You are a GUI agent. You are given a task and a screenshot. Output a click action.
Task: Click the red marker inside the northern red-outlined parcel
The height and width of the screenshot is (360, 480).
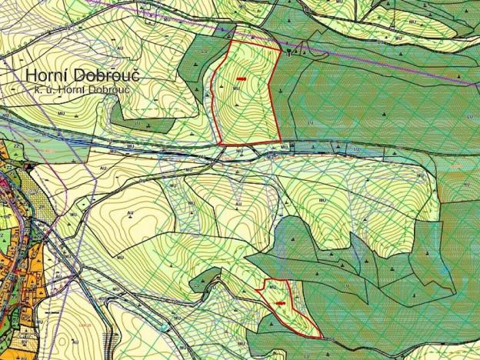(242, 78)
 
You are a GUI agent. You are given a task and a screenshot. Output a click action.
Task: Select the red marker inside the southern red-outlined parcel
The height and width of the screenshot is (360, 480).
(280, 303)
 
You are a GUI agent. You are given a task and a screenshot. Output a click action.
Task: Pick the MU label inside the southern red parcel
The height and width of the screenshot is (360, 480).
(275, 286)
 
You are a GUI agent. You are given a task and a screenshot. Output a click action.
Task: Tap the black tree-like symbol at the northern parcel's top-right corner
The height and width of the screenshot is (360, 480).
(288, 52)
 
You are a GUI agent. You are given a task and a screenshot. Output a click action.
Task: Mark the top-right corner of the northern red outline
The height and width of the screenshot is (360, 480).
(281, 50)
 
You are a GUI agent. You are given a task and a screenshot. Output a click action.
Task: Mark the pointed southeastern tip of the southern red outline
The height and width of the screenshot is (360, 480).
(322, 337)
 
